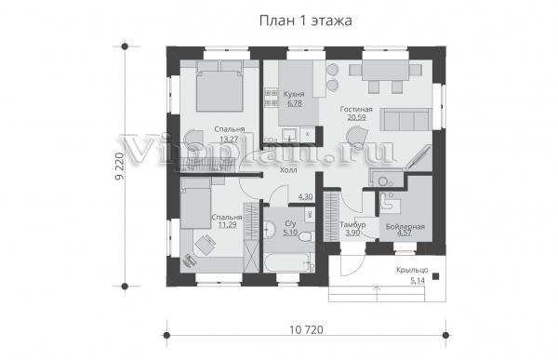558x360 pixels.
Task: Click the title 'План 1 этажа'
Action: click(x=306, y=20)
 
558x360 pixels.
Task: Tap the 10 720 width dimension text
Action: click(x=306, y=330)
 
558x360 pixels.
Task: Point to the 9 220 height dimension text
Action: click(x=120, y=167)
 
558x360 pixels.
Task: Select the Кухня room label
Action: click(x=294, y=94)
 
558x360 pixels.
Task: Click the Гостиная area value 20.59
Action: click(x=356, y=117)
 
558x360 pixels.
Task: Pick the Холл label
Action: click(x=288, y=170)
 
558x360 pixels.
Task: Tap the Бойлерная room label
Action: click(x=405, y=226)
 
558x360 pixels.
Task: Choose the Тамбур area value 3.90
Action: click(x=352, y=233)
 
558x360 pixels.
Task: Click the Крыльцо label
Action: click(x=412, y=270)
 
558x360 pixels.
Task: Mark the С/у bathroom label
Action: click(x=290, y=224)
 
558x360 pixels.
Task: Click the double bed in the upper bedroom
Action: click(x=219, y=86)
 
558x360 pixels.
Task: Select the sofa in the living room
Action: click(x=406, y=120)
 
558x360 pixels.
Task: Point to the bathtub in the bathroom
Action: click(x=289, y=262)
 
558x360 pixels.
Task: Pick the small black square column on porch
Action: click(x=435, y=276)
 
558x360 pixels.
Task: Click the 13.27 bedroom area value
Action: click(x=229, y=139)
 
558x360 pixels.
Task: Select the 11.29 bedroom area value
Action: click(x=227, y=225)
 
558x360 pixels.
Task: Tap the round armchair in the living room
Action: click(x=356, y=137)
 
